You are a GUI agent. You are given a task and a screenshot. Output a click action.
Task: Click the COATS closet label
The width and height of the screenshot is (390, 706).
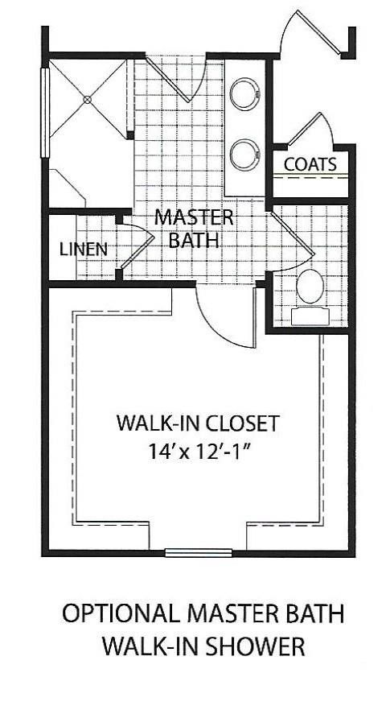(310, 163)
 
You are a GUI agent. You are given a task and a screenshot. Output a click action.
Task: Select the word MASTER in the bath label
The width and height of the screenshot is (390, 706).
(194, 217)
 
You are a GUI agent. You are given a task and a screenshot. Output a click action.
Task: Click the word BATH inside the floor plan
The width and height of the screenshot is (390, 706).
(194, 239)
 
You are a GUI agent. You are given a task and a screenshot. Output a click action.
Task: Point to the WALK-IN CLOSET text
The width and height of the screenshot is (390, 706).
(197, 423)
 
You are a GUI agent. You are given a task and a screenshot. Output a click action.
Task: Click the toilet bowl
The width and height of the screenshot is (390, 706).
(310, 286)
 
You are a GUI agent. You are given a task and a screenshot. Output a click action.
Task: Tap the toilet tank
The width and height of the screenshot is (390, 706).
(310, 315)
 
